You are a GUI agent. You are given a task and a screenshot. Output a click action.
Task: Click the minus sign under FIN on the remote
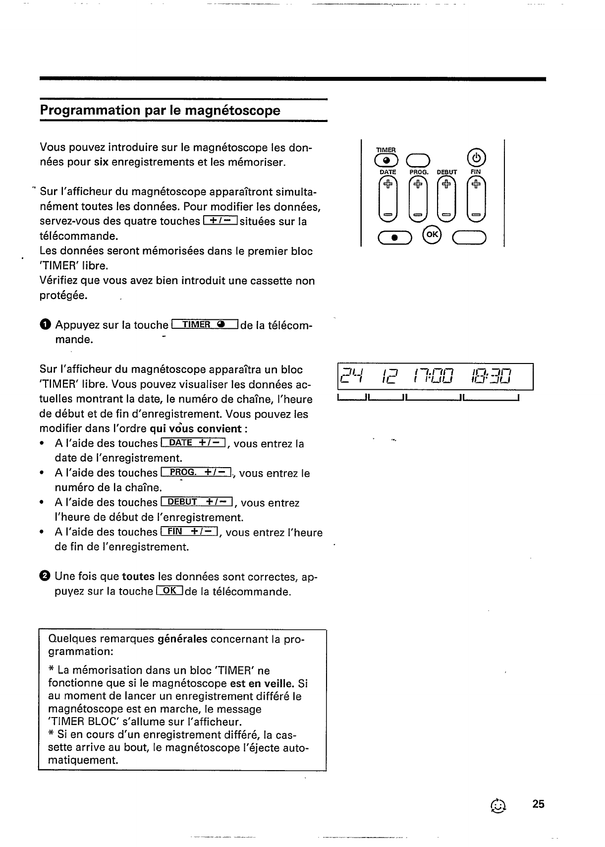(x=476, y=215)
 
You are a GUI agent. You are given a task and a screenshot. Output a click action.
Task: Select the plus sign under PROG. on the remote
(x=418, y=184)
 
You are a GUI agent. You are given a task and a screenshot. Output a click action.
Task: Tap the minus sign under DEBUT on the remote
(x=447, y=215)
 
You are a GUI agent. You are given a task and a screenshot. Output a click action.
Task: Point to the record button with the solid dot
(x=394, y=239)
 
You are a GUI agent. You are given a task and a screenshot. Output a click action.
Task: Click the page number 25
(x=539, y=804)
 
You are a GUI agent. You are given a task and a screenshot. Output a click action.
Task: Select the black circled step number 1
(x=45, y=325)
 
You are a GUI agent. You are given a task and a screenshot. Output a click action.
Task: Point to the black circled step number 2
(x=45, y=576)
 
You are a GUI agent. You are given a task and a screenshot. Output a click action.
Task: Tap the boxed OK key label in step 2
(x=169, y=591)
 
